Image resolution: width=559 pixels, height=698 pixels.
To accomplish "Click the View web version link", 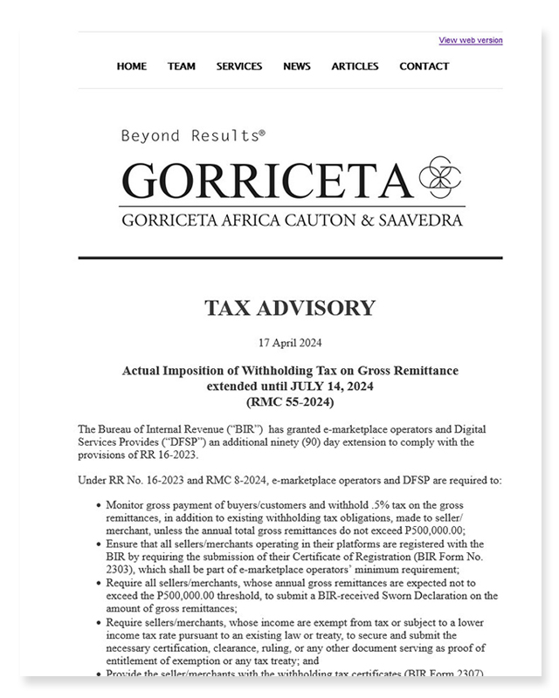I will coord(470,40).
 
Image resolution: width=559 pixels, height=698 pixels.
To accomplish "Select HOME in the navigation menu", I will coord(132,66).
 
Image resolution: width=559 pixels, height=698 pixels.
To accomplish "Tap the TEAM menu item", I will coord(182,66).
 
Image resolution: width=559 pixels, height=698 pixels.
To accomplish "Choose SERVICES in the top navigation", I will coord(239,66).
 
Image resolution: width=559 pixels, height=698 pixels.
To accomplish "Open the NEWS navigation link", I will coord(297,66).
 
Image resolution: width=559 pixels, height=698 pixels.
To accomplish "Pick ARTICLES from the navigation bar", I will coord(355,66).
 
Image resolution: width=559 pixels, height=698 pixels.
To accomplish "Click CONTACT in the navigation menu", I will coord(424,66).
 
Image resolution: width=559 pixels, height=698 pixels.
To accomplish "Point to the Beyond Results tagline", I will coord(192,136).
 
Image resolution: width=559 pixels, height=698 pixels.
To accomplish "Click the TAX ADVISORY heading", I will coord(290,308).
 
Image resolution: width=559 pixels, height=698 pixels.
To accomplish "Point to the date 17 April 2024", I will coord(290,342).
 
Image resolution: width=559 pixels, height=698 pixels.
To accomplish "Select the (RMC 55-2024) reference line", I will coord(290,401).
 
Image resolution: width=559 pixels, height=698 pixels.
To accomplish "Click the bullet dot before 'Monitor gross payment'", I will coord(96,505).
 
